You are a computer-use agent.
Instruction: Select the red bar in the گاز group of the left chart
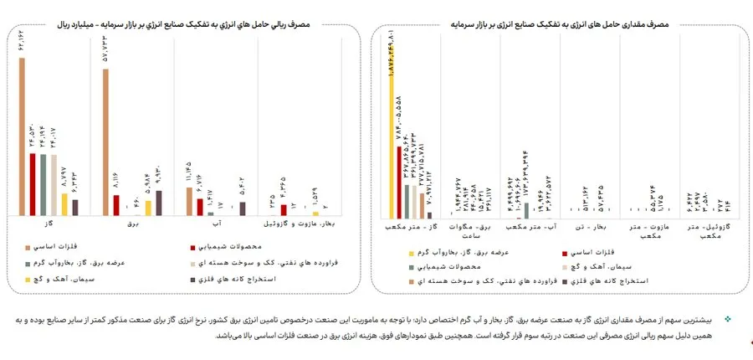click(33, 184)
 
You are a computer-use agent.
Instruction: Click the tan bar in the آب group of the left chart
click(189, 202)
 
